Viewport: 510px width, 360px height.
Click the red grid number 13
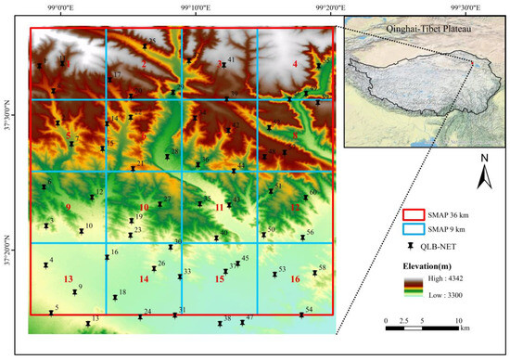tap(67, 279)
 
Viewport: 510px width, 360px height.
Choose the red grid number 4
tap(295, 64)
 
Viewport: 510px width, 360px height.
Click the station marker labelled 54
tap(301, 315)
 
